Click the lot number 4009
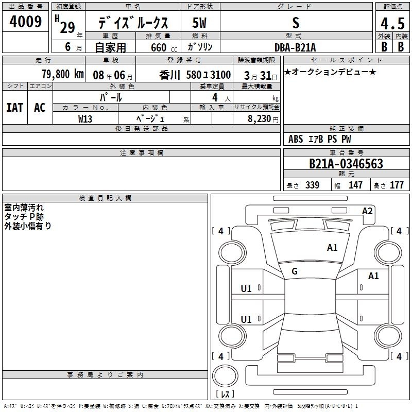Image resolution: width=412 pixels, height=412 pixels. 25,21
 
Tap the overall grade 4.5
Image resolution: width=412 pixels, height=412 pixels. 392,24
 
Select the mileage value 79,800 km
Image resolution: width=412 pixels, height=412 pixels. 63,74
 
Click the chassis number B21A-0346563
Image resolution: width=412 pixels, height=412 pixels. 346,164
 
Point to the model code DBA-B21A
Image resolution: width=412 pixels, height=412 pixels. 295,47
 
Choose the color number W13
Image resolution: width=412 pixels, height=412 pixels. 85,119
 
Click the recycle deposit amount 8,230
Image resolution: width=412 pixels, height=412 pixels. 259,119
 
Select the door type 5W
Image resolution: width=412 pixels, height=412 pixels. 199,23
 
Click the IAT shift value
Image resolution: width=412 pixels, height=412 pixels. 14,108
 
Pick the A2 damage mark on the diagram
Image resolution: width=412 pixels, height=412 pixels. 367,211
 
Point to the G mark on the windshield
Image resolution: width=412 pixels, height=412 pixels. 295,271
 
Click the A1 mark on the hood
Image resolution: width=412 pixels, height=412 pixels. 332,248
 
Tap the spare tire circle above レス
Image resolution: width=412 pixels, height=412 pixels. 225,376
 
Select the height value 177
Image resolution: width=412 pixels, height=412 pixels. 397,185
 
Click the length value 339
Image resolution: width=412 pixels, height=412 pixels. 313,185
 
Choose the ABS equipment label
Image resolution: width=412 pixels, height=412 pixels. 296,139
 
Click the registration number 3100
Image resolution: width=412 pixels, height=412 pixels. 220,75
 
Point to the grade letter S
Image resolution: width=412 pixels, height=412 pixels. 296,23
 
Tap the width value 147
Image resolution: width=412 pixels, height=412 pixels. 355,185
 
